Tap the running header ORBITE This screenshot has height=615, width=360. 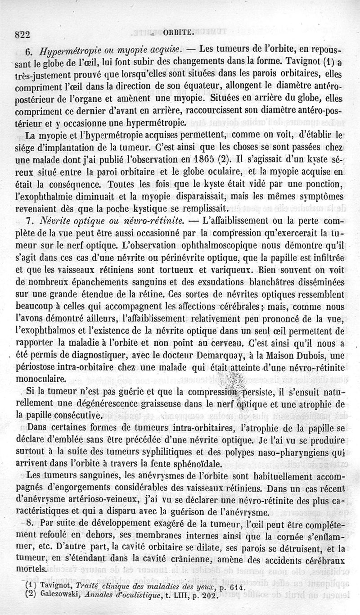click(x=180, y=32)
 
